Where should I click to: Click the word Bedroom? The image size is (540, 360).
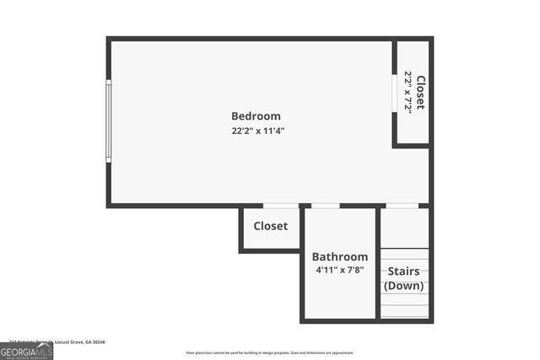click(256, 116)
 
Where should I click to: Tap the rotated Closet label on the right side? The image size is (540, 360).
click(420, 93)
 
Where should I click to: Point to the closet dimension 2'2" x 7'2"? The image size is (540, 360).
click(408, 93)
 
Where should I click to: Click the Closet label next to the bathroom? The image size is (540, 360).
click(271, 226)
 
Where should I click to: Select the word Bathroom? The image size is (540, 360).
click(340, 256)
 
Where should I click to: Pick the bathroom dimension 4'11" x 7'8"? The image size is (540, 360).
click(340, 270)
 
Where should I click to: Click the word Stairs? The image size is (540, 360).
click(404, 271)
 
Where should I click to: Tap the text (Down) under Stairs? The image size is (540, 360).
click(404, 286)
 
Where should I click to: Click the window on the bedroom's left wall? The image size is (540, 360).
click(108, 121)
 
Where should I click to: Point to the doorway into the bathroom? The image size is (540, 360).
click(326, 205)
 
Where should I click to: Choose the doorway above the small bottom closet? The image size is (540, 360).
click(280, 205)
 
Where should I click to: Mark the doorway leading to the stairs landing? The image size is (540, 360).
click(402, 205)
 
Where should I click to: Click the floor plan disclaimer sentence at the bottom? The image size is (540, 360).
click(270, 353)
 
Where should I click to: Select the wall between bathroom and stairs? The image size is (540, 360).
click(377, 263)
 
